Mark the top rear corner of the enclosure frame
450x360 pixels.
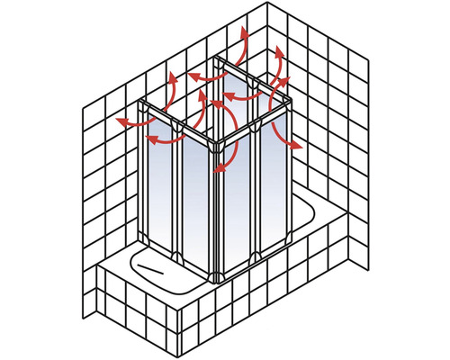[219, 58]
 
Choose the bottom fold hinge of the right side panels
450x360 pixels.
[256, 256]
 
